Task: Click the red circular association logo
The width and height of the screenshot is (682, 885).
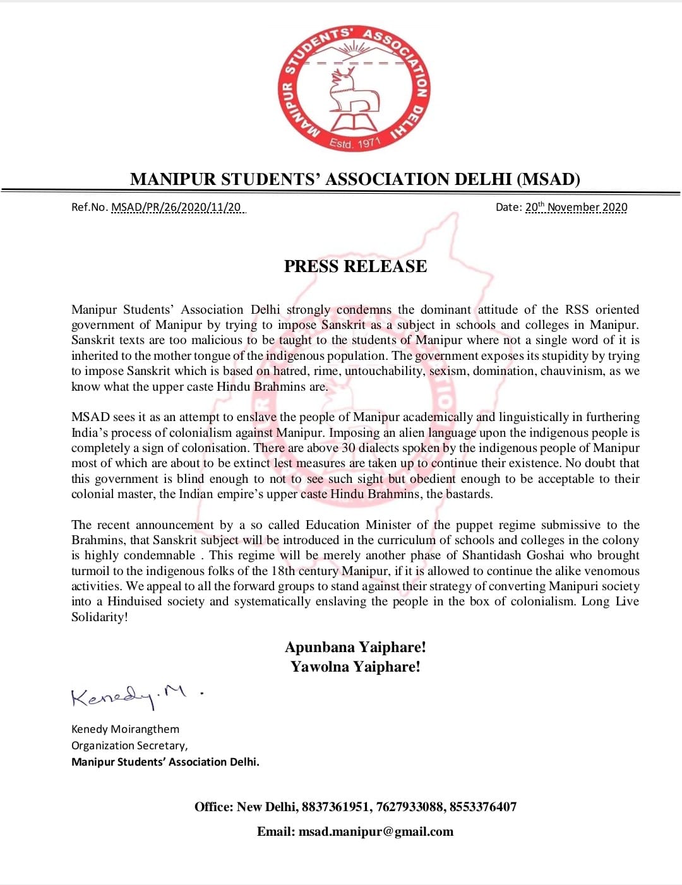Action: pyautogui.click(x=354, y=88)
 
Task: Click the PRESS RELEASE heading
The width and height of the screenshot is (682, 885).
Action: pyautogui.click(x=356, y=266)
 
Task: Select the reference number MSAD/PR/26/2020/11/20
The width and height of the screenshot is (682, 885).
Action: pyautogui.click(x=176, y=207)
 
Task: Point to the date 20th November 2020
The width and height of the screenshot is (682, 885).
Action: pyautogui.click(x=576, y=207)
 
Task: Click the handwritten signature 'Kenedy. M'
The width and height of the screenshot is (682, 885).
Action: pyautogui.click(x=129, y=696)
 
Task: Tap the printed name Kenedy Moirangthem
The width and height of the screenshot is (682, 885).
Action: pyautogui.click(x=125, y=729)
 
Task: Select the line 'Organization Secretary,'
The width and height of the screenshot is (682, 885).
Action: pyautogui.click(x=129, y=745)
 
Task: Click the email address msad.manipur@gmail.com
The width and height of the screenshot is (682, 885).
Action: pyautogui.click(x=376, y=831)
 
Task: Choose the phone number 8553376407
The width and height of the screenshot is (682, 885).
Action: pyautogui.click(x=482, y=807)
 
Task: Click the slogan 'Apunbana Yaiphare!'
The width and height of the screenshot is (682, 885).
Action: pyautogui.click(x=356, y=647)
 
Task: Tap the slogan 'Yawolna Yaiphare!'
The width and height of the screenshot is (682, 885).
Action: pyautogui.click(x=356, y=667)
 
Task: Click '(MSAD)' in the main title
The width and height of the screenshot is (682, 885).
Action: pyautogui.click(x=548, y=179)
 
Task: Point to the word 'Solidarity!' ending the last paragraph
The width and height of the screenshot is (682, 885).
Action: pyautogui.click(x=99, y=617)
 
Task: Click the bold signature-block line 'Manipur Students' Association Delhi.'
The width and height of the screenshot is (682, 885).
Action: pyautogui.click(x=165, y=762)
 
